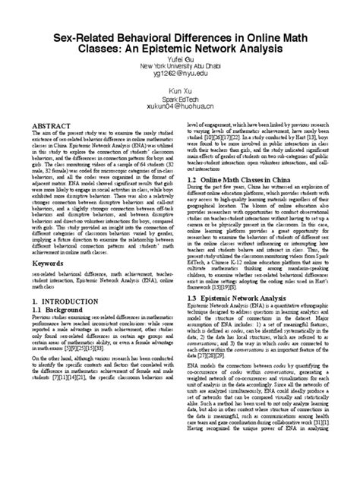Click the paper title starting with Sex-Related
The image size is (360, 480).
click(x=179, y=43)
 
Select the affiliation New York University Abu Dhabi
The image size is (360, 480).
click(x=179, y=65)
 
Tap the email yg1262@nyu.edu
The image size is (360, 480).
click(x=179, y=74)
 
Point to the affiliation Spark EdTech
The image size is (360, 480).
click(x=179, y=99)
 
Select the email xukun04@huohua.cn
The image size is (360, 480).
click(x=179, y=107)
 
